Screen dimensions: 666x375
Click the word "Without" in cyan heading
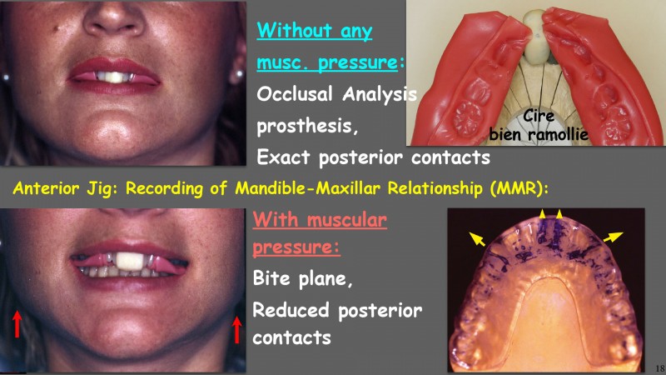click(294, 30)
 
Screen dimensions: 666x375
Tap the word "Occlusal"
click(295, 93)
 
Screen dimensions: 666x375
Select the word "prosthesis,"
click(307, 127)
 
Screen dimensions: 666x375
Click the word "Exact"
click(283, 157)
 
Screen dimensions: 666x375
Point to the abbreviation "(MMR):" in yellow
click(519, 188)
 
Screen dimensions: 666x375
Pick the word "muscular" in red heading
click(346, 220)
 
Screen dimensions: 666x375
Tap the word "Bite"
click(271, 278)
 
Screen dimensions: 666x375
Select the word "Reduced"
click(291, 309)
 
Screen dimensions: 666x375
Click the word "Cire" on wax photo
click(538, 116)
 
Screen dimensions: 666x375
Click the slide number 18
click(659, 368)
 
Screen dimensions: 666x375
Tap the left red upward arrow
click(17, 324)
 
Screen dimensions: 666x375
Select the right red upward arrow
click(237, 329)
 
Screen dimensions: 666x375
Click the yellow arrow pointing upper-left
click(477, 238)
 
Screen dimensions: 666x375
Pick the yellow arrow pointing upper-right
click(613, 237)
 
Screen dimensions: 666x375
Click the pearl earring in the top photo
click(239, 74)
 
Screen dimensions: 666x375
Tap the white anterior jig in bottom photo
click(130, 262)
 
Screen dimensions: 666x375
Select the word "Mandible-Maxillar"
click(308, 188)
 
